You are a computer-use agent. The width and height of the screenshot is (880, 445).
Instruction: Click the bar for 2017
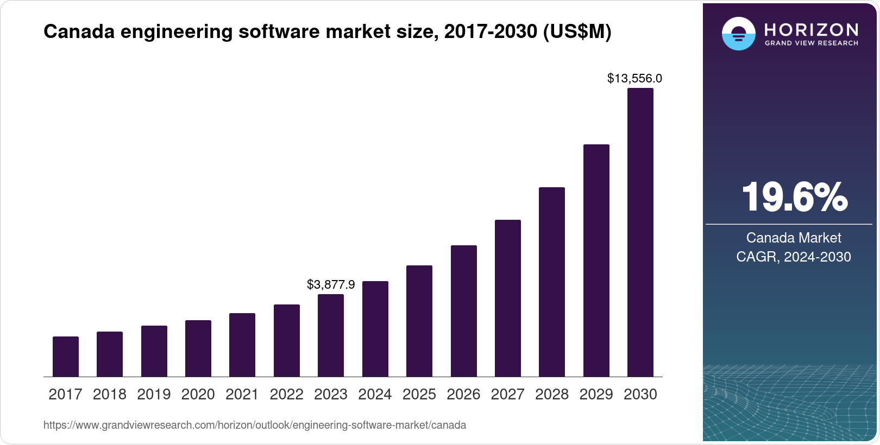click(x=66, y=357)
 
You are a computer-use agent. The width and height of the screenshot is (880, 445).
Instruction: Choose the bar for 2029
click(x=596, y=260)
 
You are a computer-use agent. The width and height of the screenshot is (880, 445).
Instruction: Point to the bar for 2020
click(x=198, y=348)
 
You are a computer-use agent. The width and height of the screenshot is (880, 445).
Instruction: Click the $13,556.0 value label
click(x=634, y=79)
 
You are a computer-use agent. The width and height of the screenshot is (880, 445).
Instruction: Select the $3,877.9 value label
click(x=331, y=284)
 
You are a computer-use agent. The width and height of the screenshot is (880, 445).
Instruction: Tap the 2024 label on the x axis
click(x=375, y=395)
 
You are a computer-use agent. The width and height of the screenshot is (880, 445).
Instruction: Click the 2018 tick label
click(x=110, y=395)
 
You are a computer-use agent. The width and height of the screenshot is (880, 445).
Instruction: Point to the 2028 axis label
click(x=552, y=395)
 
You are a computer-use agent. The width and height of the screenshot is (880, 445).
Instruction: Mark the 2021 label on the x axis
click(x=242, y=395)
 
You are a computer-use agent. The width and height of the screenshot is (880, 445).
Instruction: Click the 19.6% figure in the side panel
click(x=794, y=197)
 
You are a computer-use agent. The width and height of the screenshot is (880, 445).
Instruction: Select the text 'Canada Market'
click(x=794, y=238)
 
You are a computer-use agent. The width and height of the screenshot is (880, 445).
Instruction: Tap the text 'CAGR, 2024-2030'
click(x=794, y=257)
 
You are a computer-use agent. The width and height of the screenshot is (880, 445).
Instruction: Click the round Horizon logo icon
click(x=738, y=34)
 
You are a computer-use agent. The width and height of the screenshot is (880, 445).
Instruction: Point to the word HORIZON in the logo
click(x=812, y=29)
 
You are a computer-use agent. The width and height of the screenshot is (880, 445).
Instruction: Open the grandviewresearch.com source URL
click(x=254, y=425)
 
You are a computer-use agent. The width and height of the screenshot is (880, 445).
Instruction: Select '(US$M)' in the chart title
click(x=577, y=31)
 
